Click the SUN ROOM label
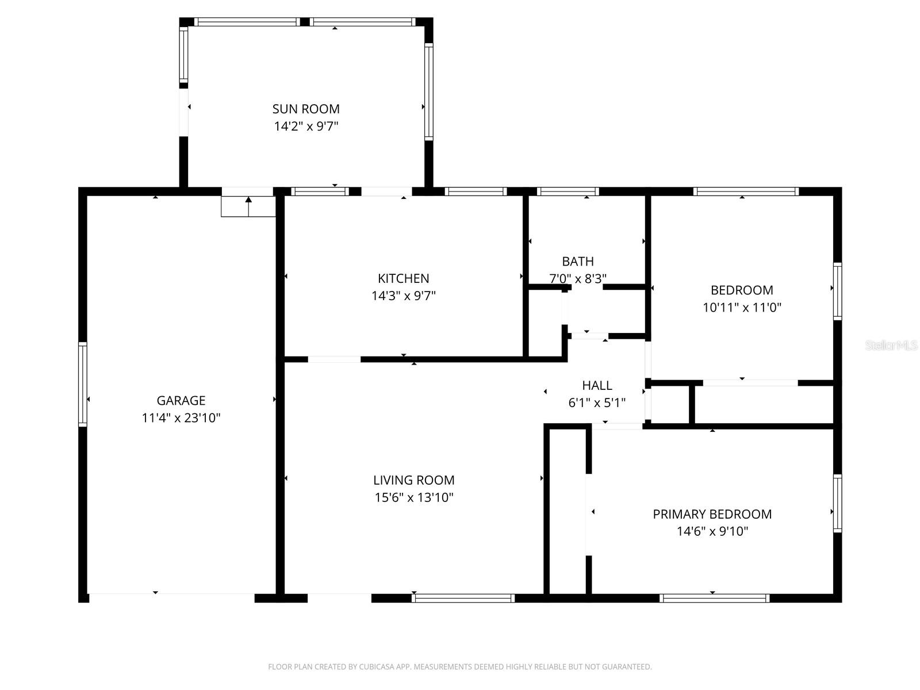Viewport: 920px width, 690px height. pos(306,109)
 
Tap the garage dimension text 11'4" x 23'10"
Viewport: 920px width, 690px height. pos(181,418)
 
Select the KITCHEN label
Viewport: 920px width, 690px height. pos(403,278)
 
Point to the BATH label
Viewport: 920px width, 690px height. pos(578,262)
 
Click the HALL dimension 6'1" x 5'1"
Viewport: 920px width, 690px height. pos(597,403)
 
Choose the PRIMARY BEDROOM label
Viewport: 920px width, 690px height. pos(712,514)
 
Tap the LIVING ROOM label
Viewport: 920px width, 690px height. pos(414,480)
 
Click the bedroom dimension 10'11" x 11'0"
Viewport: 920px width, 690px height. pos(742,308)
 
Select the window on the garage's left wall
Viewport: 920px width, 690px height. pos(83,384)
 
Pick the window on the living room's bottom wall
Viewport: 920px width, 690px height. pos(463,599)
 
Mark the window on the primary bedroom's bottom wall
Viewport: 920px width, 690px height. pos(715,599)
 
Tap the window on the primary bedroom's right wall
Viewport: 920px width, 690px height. pos(838,503)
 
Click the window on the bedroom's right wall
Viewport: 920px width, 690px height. pos(838,292)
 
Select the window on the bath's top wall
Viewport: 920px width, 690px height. pos(568,191)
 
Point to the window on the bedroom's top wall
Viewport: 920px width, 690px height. pos(746,191)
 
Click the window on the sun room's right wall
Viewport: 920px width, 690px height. pos(428,92)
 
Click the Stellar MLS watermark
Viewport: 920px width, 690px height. pos(892,346)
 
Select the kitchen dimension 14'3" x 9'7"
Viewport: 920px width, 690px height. pos(403,296)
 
